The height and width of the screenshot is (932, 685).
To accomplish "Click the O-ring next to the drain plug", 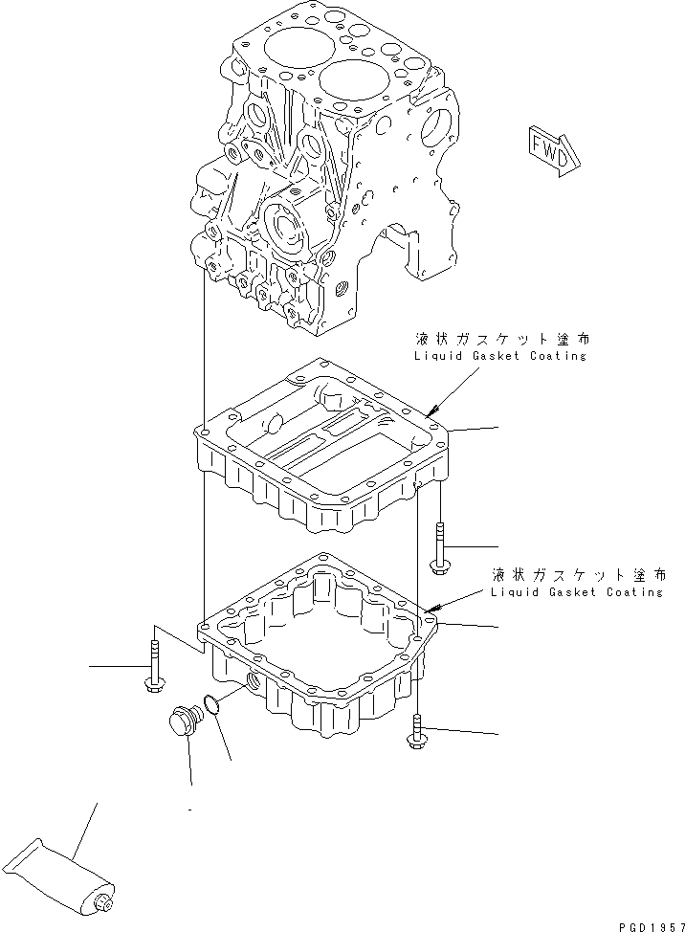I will pyautogui.click(x=216, y=705).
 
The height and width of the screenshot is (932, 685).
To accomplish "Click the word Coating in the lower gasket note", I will pyautogui.click(x=634, y=592).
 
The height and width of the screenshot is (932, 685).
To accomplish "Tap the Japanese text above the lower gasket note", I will pyautogui.click(x=574, y=575).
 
